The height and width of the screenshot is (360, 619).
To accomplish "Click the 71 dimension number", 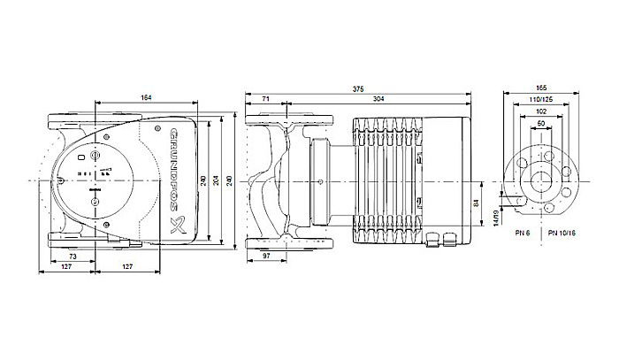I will [x=266, y=98].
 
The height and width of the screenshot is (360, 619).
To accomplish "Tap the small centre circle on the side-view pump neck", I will [x=317, y=180].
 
